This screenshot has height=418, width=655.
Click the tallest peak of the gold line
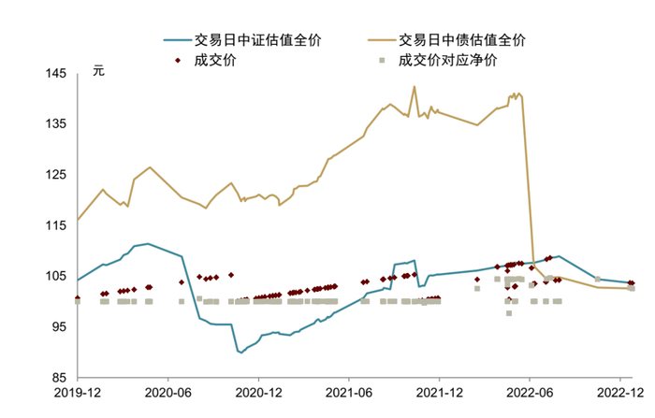pos(415,87)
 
